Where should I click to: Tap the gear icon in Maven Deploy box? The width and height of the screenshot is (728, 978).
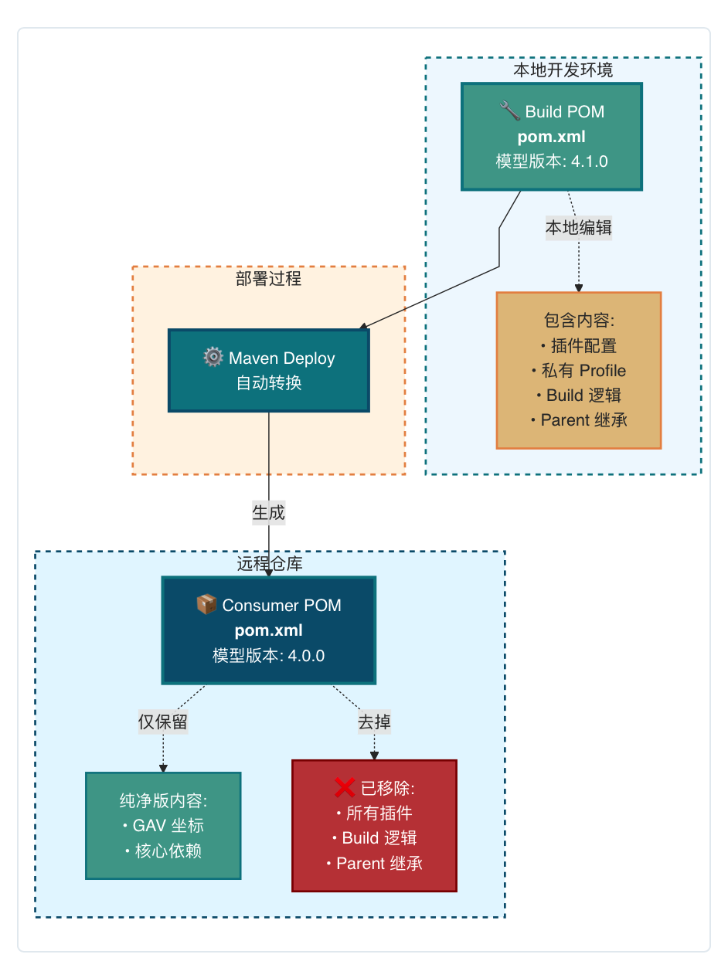pyautogui.click(x=213, y=358)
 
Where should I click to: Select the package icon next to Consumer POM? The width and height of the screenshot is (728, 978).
pyautogui.click(x=206, y=604)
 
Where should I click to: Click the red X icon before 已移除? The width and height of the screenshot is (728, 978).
pyautogui.click(x=345, y=787)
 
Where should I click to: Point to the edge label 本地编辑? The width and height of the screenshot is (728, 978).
pyautogui.click(x=579, y=228)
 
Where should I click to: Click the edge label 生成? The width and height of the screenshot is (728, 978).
pyautogui.click(x=269, y=512)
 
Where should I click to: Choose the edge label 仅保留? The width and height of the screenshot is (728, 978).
pyautogui.click(x=163, y=722)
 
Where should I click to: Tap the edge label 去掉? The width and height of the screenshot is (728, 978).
pyautogui.click(x=374, y=722)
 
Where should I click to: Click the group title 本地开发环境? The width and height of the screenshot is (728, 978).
pyautogui.click(x=563, y=70)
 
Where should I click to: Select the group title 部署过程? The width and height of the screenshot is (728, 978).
pyautogui.click(x=269, y=279)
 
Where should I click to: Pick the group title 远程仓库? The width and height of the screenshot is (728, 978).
pyautogui.click(x=270, y=564)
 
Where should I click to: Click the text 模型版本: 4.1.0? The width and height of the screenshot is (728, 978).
pyautogui.click(x=552, y=161)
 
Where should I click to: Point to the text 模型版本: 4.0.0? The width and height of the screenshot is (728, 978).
pyautogui.click(x=269, y=656)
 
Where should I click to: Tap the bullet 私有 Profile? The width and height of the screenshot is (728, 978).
pyautogui.click(x=579, y=371)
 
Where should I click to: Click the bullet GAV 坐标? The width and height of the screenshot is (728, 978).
pyautogui.click(x=163, y=826)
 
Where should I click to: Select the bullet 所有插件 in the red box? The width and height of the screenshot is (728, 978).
pyautogui.click(x=374, y=813)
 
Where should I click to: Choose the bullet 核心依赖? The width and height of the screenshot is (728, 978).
pyautogui.click(x=163, y=851)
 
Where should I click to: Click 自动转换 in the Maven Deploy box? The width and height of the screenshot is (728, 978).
pyautogui.click(x=269, y=383)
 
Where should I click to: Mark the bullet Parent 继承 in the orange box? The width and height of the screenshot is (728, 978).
pyautogui.click(x=579, y=420)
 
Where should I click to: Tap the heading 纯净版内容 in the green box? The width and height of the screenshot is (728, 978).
pyautogui.click(x=163, y=801)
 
